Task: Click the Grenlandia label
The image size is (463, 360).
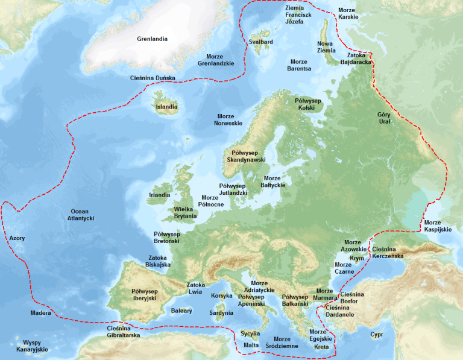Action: (152, 39)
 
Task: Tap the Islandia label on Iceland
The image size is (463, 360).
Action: (167, 107)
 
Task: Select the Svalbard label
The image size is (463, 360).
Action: (261, 42)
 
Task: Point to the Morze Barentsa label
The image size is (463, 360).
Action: (300, 65)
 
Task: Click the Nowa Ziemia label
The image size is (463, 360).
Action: (326, 47)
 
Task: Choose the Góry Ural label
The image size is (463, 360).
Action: (384, 118)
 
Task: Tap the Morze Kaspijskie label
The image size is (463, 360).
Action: (436, 226)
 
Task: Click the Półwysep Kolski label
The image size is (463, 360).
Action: (309, 104)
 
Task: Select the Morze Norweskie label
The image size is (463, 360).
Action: (228, 119)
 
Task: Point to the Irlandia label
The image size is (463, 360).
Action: (159, 195)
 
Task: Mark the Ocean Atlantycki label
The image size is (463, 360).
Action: (80, 215)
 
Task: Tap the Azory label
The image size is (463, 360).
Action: (17, 239)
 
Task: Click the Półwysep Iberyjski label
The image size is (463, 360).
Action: (144, 295)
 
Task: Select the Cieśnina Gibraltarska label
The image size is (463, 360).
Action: (124, 331)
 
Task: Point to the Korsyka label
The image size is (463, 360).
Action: (221, 296)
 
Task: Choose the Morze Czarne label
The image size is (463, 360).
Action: (343, 268)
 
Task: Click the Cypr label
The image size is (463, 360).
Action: (377, 334)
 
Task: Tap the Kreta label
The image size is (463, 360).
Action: (322, 347)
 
